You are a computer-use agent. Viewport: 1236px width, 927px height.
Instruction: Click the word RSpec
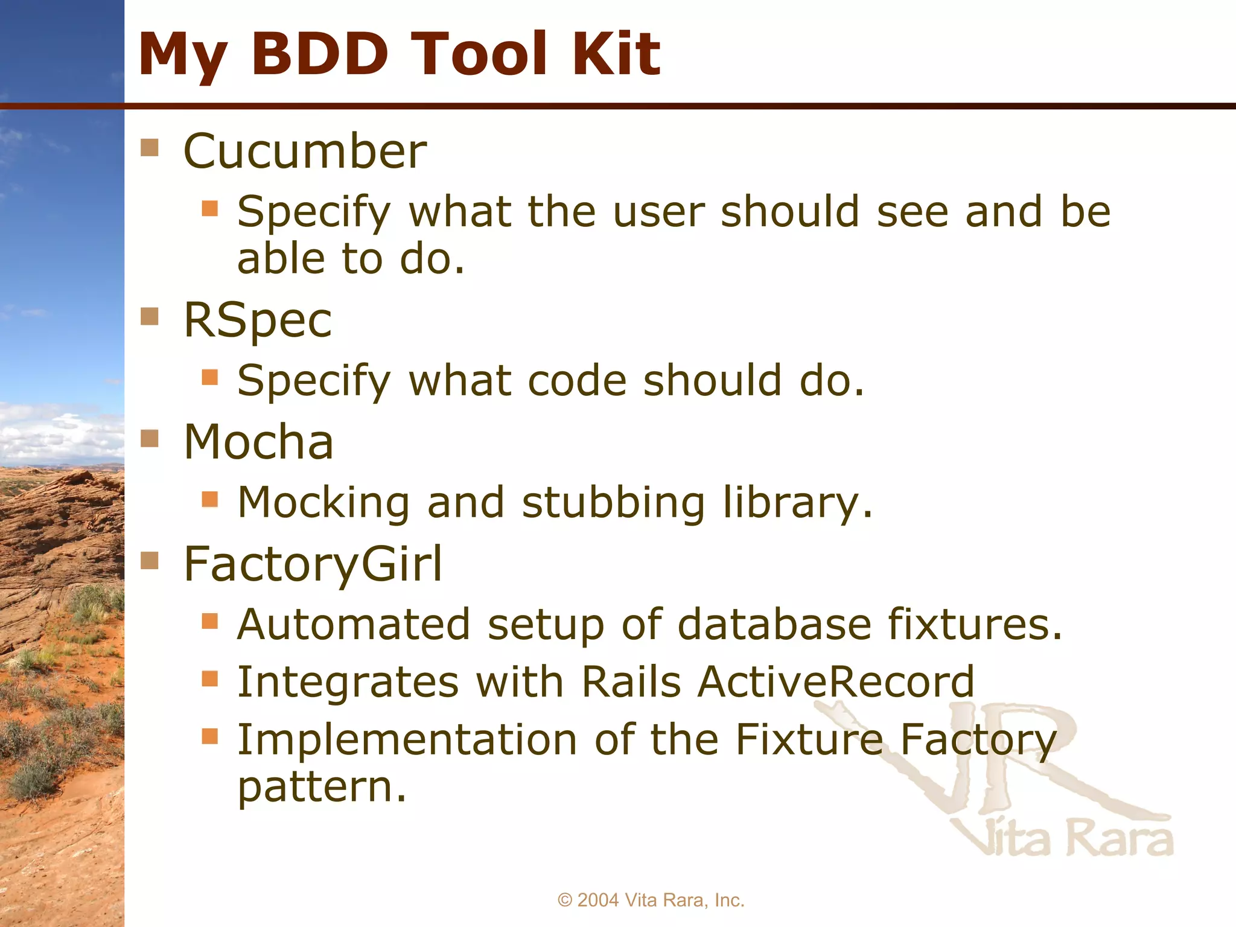coord(258,321)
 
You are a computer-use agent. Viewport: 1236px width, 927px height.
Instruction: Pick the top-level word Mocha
coord(258,442)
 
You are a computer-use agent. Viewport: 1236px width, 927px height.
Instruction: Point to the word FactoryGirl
coord(313,564)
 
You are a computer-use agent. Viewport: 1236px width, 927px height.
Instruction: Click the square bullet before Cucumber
coord(150,147)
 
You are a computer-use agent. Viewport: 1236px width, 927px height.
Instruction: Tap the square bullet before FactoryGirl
coord(150,561)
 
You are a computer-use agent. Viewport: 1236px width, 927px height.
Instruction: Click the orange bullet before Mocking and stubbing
coord(209,499)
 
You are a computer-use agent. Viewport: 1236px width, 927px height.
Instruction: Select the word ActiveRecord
coord(835,682)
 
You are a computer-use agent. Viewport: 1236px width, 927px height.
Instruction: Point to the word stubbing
coord(613,503)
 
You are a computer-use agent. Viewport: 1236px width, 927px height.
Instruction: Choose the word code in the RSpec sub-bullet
coord(577,381)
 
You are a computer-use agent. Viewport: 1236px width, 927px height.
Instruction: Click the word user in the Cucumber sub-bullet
coord(658,212)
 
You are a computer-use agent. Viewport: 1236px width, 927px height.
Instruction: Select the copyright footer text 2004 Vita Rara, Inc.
coord(651,900)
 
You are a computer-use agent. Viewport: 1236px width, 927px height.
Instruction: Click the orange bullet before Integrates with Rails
coord(209,679)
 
